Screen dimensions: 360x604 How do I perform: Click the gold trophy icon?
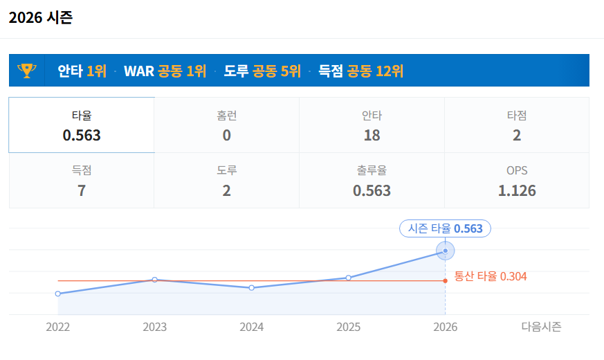coord(26,70)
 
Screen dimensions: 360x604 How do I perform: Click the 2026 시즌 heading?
coord(41,18)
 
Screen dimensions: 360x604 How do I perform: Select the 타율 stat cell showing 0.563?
coord(82,125)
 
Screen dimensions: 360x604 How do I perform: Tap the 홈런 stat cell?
coord(226,125)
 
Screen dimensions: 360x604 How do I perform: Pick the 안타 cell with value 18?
coord(372,125)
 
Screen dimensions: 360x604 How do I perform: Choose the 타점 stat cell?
coord(516,125)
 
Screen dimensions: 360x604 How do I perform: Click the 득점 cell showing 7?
coord(82,181)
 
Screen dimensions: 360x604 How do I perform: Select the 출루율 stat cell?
coord(372,181)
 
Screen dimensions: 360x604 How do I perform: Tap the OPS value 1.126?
coord(516,190)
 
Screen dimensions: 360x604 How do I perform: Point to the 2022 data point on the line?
coord(58,294)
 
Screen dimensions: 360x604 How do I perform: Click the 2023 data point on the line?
coord(155,280)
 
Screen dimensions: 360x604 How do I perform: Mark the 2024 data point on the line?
coord(252,287)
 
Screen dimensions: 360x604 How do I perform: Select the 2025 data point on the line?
coord(349,278)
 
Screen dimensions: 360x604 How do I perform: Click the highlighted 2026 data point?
coord(445,251)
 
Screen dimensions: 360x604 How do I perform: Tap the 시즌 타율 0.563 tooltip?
coord(445,228)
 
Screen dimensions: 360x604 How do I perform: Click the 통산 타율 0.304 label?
coord(491,277)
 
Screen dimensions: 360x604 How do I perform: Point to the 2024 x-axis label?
coord(252,327)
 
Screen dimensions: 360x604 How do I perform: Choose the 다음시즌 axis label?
coord(541,327)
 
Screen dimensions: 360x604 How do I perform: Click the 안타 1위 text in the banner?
coord(82,71)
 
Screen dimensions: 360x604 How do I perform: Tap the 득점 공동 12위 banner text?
coord(360,71)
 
